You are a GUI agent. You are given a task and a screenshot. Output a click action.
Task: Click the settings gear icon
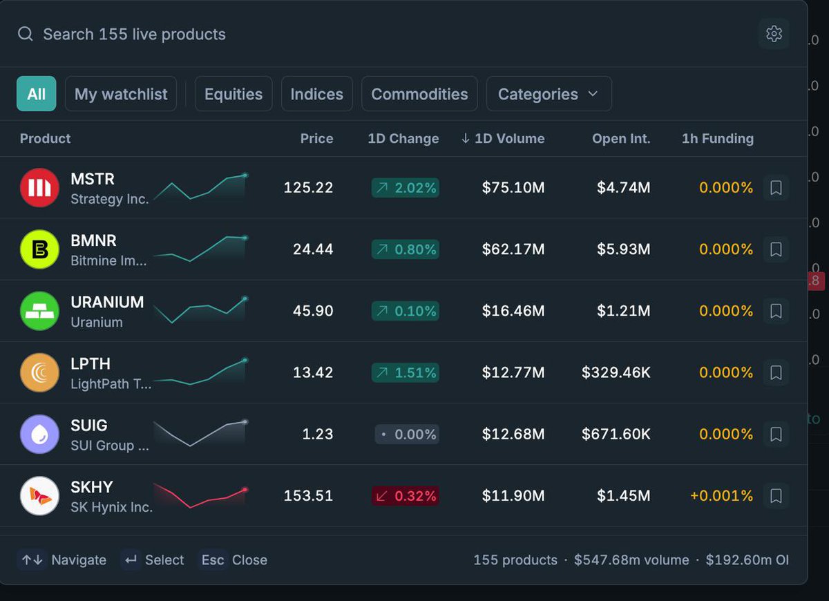774,34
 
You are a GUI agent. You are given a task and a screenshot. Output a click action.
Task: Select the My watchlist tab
121,94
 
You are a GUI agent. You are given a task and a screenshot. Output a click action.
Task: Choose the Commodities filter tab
419,94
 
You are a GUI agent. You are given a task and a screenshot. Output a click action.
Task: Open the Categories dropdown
549,94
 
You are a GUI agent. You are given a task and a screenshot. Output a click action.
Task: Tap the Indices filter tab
317,94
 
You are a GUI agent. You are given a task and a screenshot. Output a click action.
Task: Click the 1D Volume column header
503,138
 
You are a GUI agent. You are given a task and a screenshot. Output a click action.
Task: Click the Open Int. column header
621,138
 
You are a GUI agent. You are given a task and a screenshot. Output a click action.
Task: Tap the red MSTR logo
39,188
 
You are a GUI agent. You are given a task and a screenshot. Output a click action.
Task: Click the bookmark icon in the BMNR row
776,249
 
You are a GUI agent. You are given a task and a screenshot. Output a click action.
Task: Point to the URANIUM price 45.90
313,311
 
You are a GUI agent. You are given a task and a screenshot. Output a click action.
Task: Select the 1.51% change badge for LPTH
406,372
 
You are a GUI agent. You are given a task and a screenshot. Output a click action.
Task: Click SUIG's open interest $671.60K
616,434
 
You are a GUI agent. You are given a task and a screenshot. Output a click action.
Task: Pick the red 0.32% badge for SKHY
406,496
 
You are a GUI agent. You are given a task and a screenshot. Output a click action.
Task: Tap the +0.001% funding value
721,496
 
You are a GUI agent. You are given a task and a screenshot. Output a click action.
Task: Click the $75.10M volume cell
513,188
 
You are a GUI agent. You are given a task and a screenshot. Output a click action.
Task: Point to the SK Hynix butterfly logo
39,496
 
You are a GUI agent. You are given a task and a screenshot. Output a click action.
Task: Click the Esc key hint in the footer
213,560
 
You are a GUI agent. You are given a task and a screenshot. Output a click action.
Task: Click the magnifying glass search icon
25,34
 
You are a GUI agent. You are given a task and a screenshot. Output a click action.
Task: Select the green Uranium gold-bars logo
39,311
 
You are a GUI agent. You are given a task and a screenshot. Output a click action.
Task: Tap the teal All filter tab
36,94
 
